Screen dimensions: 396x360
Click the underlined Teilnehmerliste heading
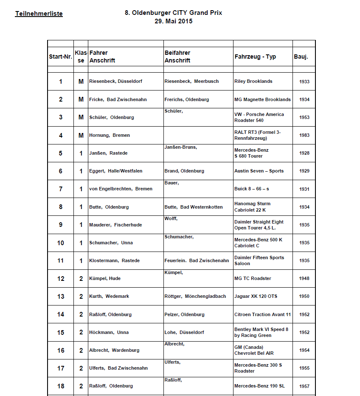(x=39, y=14)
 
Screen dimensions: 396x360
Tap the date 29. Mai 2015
(x=173, y=21)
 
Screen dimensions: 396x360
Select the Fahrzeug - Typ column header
(x=255, y=57)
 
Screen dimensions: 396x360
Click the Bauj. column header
(x=301, y=57)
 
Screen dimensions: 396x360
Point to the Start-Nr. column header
(x=60, y=57)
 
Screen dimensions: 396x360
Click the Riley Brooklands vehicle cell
(x=253, y=81)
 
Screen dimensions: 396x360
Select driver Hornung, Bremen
(x=110, y=135)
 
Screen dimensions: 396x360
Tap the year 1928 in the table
(x=304, y=153)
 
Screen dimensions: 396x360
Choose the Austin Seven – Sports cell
(x=259, y=171)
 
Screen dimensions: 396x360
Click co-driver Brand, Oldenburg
(x=184, y=171)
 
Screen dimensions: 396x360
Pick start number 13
(x=61, y=297)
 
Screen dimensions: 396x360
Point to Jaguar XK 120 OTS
(x=256, y=296)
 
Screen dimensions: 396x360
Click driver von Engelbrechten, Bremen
(x=121, y=189)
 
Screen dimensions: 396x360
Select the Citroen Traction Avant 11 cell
(x=262, y=314)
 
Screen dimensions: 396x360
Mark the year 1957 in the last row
(x=304, y=386)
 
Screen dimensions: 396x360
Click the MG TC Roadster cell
(x=253, y=278)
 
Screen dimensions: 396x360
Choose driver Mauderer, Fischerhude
(x=115, y=225)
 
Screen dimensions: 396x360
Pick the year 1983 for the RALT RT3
(x=304, y=136)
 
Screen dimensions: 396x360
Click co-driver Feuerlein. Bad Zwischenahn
(x=197, y=260)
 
